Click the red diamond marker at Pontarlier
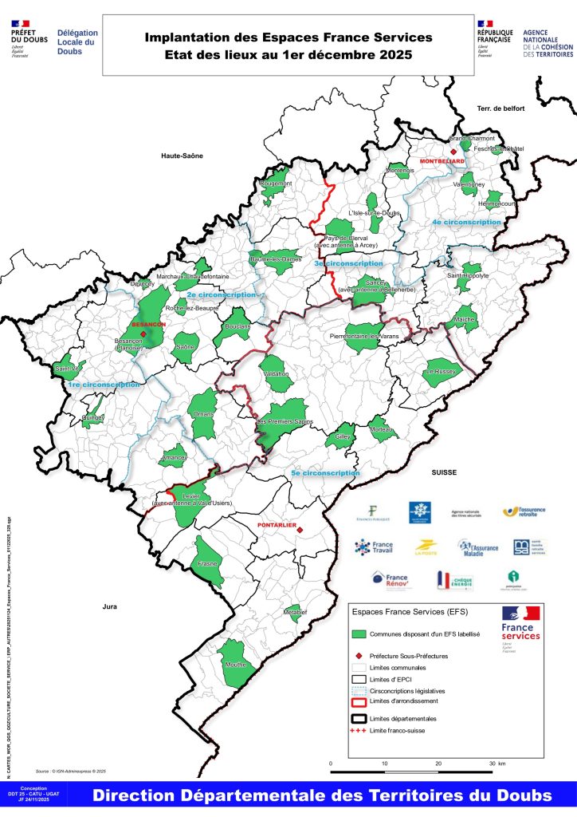(x=299, y=527)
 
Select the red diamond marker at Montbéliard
(x=453, y=152)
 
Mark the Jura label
(x=109, y=607)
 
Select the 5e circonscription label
(x=326, y=473)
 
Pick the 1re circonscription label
(x=104, y=385)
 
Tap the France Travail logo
(x=373, y=547)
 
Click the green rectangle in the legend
(x=362, y=633)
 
